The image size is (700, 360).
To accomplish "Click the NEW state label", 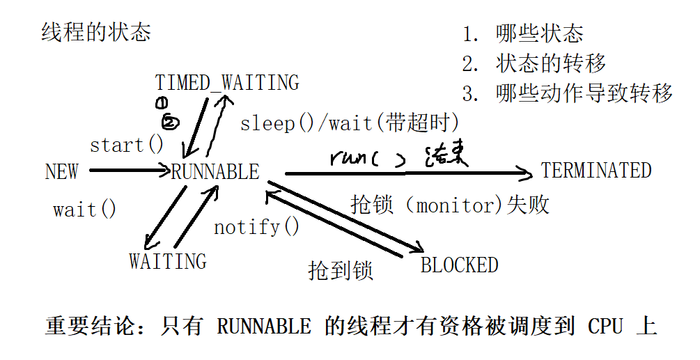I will pyautogui.click(x=61, y=171).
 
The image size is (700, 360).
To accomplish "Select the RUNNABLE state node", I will pyautogui.click(x=215, y=172).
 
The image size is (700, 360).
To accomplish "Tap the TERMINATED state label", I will pyautogui.click(x=596, y=171).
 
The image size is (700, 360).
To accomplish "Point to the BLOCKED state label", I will pyautogui.click(x=460, y=265).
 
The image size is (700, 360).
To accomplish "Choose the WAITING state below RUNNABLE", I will pyautogui.click(x=168, y=262).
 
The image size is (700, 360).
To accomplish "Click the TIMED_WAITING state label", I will pyautogui.click(x=227, y=82).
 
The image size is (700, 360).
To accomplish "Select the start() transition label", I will pyautogui.click(x=127, y=146).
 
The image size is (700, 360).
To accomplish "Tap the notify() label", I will pyautogui.click(x=256, y=227).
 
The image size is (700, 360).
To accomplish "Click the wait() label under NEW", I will pyautogui.click(x=85, y=210).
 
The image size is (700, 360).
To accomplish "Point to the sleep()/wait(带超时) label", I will pyautogui.click(x=350, y=123).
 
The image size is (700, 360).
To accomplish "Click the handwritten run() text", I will pyautogui.click(x=367, y=157).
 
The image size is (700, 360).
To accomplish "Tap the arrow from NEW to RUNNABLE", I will pyautogui.click(x=129, y=169).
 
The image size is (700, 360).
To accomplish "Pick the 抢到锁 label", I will pyautogui.click(x=341, y=270).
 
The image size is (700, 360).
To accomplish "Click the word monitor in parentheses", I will pyautogui.click(x=453, y=205).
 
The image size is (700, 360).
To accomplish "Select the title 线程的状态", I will pyautogui.click(x=96, y=32).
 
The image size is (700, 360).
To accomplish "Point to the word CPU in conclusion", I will pyautogui.click(x=605, y=326).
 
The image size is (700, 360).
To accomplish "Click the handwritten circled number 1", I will pyautogui.click(x=161, y=104).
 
